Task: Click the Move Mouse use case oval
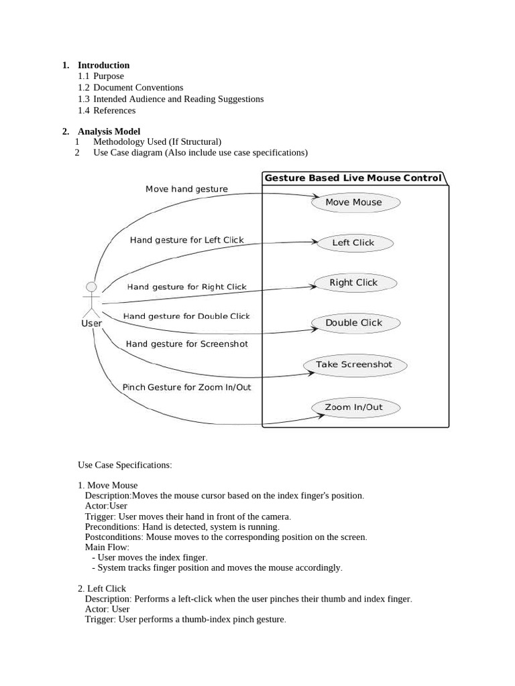(x=355, y=202)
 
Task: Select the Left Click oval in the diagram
(x=353, y=243)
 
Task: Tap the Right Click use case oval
(x=354, y=283)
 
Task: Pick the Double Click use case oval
(x=354, y=323)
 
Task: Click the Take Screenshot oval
(x=353, y=364)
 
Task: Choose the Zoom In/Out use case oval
(x=354, y=407)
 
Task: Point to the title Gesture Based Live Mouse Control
(x=353, y=178)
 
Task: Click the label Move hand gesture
(x=186, y=189)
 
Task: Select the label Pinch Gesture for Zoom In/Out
(x=186, y=387)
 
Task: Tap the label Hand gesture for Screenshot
(x=186, y=344)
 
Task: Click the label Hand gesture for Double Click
(x=186, y=316)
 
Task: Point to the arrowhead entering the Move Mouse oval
(x=316, y=197)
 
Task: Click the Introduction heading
(x=103, y=65)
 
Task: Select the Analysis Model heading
(x=109, y=131)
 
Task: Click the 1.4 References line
(x=107, y=111)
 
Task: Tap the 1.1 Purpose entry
(x=101, y=76)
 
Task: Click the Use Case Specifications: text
(x=125, y=464)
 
